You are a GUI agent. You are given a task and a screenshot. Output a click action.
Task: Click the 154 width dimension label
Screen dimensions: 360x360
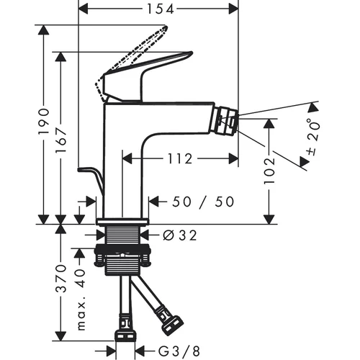coord(160,9)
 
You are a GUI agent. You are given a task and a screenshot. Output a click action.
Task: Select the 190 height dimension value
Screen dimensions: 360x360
coord(44,122)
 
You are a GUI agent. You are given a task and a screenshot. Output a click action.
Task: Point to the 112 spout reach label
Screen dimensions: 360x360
coord(180,158)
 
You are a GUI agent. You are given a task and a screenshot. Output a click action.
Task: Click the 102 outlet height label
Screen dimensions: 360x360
coord(269,171)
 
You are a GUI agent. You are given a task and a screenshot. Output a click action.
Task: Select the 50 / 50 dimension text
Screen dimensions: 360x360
coord(203,202)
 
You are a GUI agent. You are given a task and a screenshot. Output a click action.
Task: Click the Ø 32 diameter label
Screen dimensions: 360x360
coord(180,235)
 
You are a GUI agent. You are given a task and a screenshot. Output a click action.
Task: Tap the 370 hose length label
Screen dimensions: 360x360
coord(61,279)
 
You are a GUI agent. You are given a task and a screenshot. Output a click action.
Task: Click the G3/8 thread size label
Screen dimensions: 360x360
coord(179,351)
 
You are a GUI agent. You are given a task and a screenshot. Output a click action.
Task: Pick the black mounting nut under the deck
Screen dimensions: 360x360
coord(122,250)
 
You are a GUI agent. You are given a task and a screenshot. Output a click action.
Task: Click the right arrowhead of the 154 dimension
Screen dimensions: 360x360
coord(233,9)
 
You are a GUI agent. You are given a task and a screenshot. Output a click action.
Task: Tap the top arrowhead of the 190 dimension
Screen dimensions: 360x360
coord(44,30)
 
